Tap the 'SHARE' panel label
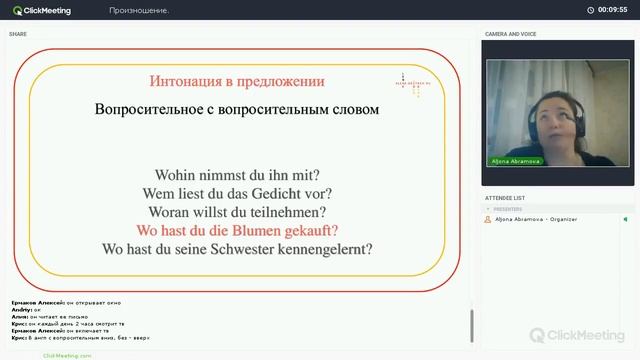coord(18,34)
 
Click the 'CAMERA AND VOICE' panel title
coord(511,34)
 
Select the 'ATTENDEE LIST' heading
coord(505,198)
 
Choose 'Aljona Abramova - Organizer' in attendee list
coord(530,218)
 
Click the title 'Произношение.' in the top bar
coord(139,10)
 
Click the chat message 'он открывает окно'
coord(94,301)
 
